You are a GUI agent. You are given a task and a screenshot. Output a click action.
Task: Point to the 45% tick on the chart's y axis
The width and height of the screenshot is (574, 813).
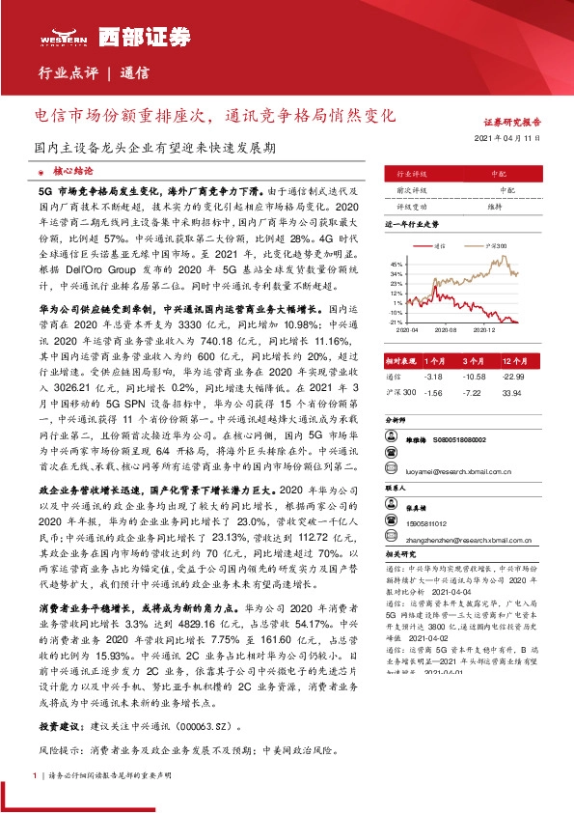coord(396,263)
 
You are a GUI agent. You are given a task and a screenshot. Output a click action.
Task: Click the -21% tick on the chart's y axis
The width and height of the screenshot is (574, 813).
coord(396,322)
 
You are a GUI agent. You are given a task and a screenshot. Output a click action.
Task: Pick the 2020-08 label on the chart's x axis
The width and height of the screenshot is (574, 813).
coord(447,329)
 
